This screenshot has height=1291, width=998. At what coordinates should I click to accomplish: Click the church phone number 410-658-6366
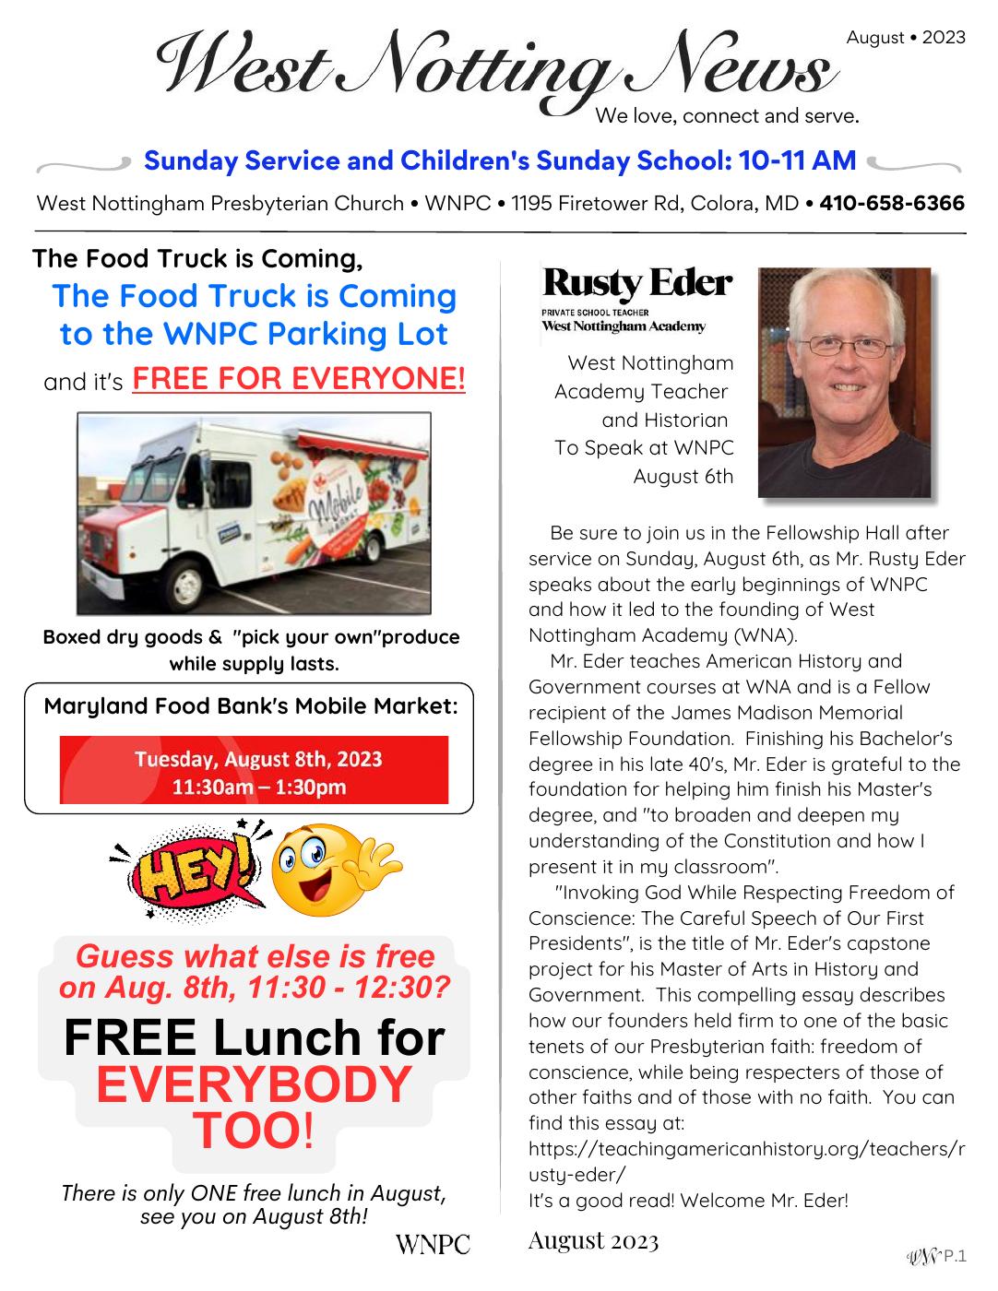coord(892,203)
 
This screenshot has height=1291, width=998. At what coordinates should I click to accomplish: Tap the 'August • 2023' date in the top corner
coord(906,37)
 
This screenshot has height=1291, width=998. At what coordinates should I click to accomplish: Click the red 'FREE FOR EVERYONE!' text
coord(299,379)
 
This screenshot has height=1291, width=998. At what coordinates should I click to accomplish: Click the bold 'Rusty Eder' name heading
coord(637,283)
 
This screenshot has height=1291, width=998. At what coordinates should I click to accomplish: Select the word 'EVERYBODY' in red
coord(253,1084)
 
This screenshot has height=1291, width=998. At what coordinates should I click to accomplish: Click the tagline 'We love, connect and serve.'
coord(728,116)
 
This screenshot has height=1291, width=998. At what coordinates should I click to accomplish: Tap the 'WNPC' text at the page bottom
coord(433,1244)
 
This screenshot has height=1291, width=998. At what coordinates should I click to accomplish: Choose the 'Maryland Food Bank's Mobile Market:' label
coord(251,707)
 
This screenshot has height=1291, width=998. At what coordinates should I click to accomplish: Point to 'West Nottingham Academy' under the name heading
coord(624,326)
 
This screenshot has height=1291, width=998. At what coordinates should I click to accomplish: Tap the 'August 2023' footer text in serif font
coord(593,1241)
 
